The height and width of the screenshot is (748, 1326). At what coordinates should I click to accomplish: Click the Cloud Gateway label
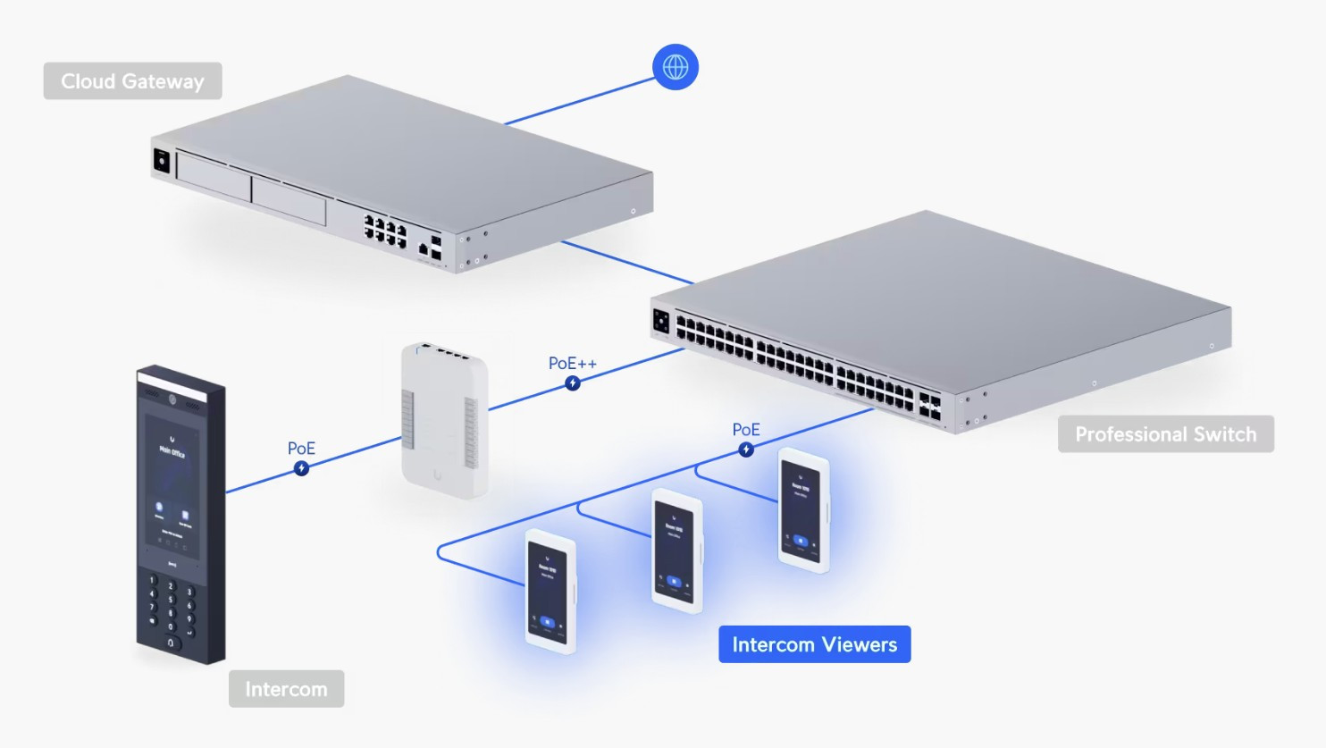(x=132, y=81)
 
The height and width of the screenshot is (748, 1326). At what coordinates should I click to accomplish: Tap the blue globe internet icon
(x=675, y=67)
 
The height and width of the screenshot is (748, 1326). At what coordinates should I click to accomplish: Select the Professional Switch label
(x=1165, y=434)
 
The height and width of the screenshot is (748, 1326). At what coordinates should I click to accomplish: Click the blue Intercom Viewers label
(x=814, y=644)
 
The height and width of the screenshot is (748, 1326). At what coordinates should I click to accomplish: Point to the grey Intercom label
(x=286, y=689)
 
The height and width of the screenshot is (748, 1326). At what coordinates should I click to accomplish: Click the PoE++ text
(x=572, y=363)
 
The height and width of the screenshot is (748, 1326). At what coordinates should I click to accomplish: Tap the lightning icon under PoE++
(x=573, y=383)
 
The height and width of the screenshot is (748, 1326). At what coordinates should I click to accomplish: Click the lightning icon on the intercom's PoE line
(x=302, y=468)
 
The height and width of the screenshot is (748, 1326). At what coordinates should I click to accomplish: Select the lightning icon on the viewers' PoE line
(x=746, y=450)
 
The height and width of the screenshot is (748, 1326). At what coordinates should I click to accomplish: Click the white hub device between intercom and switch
(x=444, y=419)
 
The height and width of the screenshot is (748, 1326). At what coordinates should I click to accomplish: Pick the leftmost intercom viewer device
(x=550, y=591)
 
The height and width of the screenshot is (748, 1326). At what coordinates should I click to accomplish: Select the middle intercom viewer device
(x=676, y=550)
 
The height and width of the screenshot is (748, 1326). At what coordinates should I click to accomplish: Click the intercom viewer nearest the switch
(x=803, y=510)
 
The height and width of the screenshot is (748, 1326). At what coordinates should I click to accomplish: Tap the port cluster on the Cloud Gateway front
(x=385, y=231)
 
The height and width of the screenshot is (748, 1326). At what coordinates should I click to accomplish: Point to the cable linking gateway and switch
(x=625, y=263)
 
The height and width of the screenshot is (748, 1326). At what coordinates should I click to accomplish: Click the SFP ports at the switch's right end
(x=928, y=407)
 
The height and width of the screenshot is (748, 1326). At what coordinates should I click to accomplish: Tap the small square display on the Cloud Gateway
(x=162, y=161)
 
